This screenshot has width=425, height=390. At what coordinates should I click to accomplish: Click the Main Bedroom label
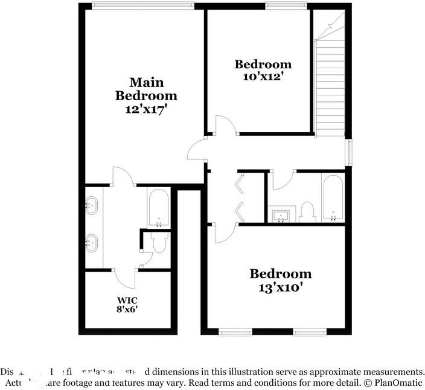(x=146, y=89)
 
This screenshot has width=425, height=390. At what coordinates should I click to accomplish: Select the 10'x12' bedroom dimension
(x=263, y=77)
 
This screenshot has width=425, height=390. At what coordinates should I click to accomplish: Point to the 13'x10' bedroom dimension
(x=281, y=287)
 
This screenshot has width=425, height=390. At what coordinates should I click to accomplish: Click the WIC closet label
(x=127, y=299)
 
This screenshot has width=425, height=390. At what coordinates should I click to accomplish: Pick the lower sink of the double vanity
(x=92, y=243)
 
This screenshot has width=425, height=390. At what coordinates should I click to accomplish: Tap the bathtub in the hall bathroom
(x=333, y=198)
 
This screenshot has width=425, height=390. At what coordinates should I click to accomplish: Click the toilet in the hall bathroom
(x=307, y=212)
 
